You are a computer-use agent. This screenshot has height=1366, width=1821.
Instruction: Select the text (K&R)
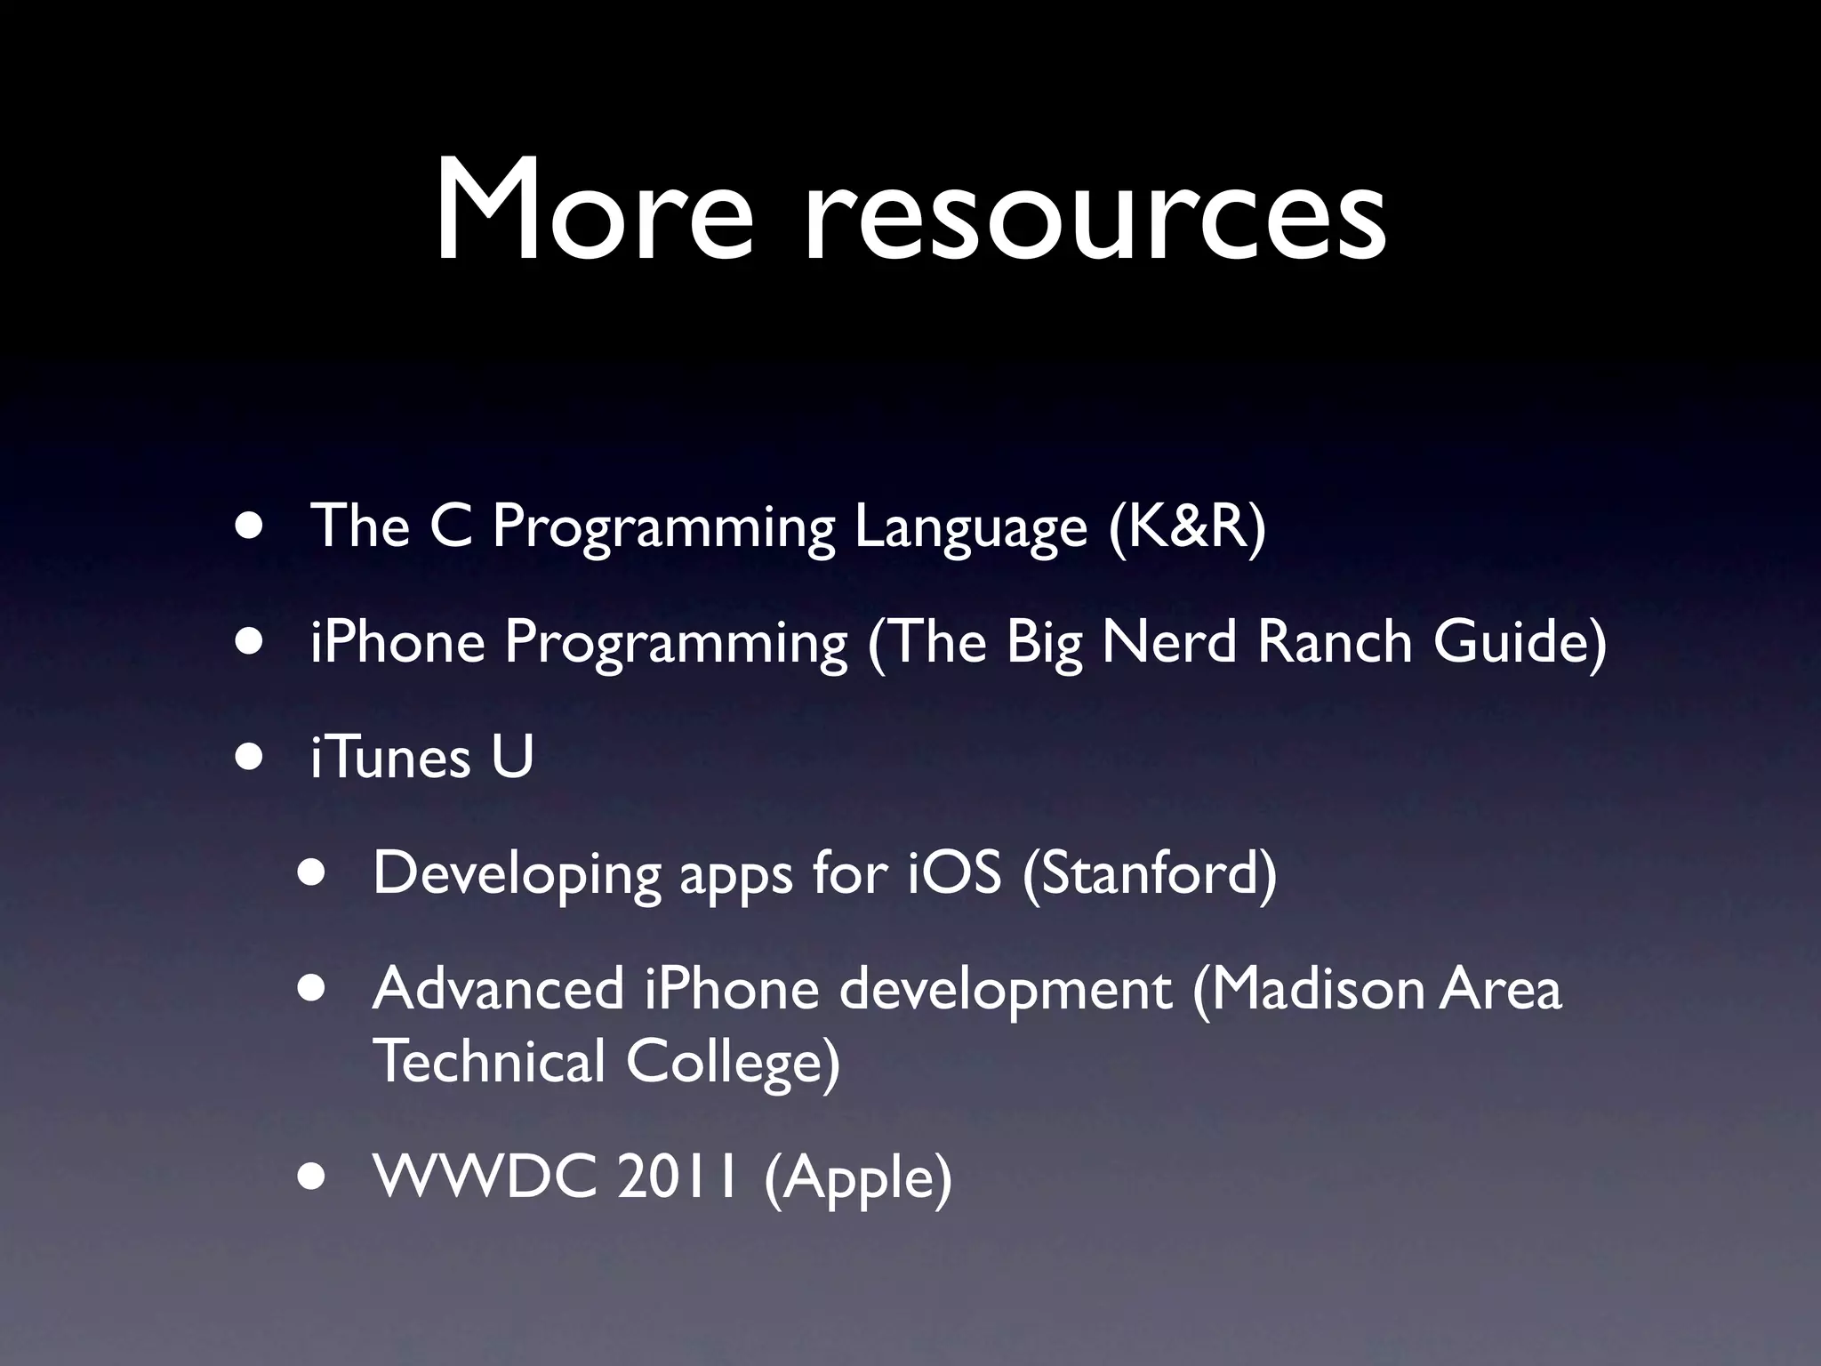pos(1187,526)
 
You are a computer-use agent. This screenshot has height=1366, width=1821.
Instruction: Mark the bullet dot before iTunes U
pos(251,756)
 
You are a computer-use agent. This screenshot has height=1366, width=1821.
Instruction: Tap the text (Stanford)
pos(1149,874)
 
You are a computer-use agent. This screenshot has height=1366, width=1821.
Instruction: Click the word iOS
pos(955,872)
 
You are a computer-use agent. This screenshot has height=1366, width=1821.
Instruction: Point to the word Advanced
pos(499,989)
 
